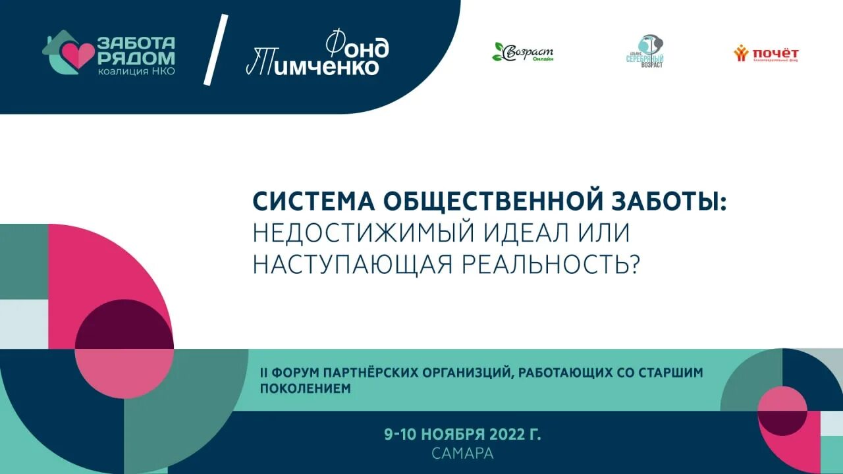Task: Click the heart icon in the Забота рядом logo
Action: point(79,56)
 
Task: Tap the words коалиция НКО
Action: point(136,71)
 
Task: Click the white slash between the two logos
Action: point(216,49)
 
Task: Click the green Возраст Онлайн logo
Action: point(524,53)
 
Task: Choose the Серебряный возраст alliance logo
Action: point(645,52)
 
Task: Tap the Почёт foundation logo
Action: point(767,54)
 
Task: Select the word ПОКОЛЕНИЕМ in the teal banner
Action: point(306,388)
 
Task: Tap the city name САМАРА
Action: point(462,454)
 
